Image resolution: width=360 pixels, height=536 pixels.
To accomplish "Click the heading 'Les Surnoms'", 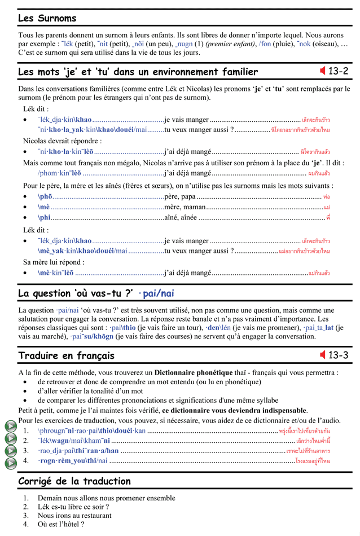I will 47,18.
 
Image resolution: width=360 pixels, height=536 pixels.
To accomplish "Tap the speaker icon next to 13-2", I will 323,71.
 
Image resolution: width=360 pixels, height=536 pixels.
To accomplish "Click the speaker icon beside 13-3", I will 323,355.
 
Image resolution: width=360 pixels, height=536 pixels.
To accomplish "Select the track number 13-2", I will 339,71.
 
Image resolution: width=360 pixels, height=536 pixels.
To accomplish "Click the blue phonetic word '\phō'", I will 45,196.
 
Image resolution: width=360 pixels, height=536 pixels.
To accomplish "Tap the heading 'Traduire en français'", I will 66,355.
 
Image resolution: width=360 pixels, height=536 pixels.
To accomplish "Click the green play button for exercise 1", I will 10,427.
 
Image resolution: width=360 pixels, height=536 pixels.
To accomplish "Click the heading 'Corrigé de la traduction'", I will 74,481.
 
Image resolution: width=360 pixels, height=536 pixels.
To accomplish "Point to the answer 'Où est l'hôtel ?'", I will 61,524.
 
